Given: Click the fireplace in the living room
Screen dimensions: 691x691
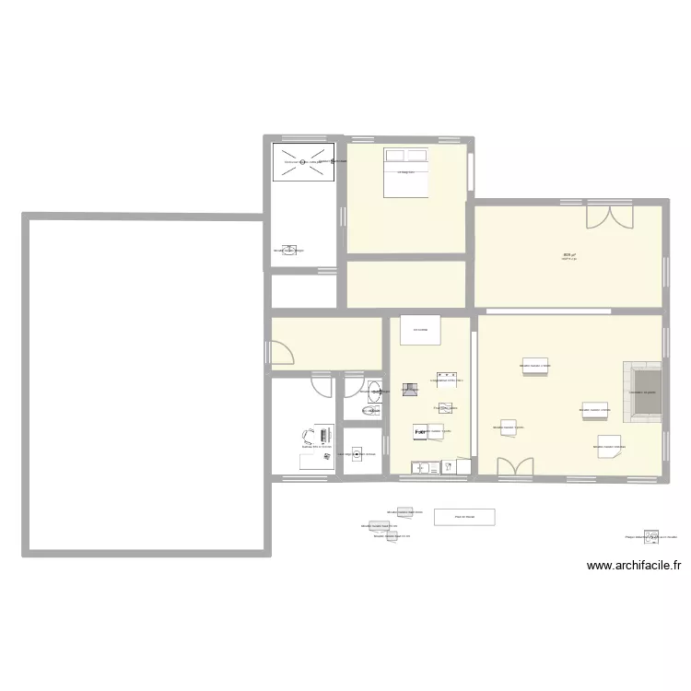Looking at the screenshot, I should (x=644, y=392).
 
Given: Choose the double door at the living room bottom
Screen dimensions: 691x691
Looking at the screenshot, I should (x=514, y=468).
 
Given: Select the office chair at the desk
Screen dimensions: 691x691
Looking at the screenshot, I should (x=306, y=438).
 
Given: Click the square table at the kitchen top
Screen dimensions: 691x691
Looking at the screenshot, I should (x=420, y=330).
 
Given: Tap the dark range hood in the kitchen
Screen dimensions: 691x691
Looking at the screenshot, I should (x=410, y=391).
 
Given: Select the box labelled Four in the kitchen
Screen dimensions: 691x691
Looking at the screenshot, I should (x=446, y=408).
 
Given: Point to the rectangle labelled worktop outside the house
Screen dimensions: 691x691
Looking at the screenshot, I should (x=464, y=517).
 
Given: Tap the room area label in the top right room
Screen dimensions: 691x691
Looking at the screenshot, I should (x=569, y=256).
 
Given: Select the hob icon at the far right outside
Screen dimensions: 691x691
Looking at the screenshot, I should (x=651, y=536).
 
